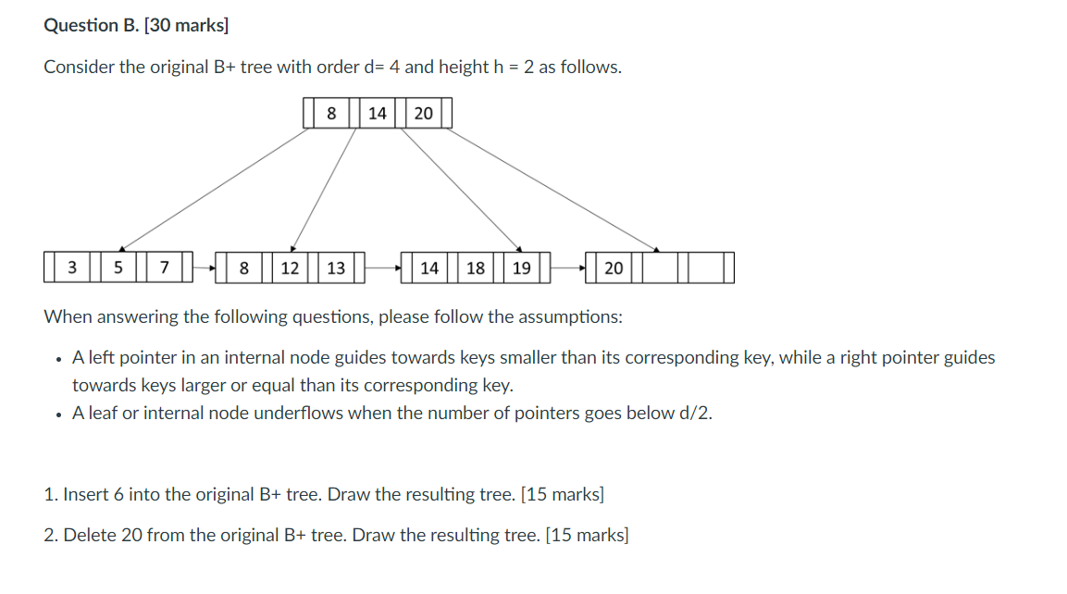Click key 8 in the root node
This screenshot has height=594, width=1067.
pyautogui.click(x=331, y=114)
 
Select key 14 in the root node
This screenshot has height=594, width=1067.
pyautogui.click(x=378, y=114)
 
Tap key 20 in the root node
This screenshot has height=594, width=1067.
pyautogui.click(x=423, y=114)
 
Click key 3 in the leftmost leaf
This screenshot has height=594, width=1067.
pyautogui.click(x=72, y=268)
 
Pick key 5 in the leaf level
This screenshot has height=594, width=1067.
pyautogui.click(x=118, y=268)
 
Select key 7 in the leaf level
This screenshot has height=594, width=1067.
pyautogui.click(x=164, y=268)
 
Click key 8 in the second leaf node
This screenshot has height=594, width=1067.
pyautogui.click(x=244, y=268)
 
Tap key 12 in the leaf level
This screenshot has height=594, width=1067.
pyautogui.click(x=290, y=268)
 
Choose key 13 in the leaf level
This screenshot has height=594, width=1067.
pyautogui.click(x=336, y=268)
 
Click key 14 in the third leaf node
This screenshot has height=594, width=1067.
pyautogui.click(x=429, y=268)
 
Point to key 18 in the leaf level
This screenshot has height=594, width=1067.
pyautogui.click(x=476, y=268)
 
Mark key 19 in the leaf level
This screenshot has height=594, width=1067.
pyautogui.click(x=521, y=268)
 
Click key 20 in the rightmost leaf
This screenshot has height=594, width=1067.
pyautogui.click(x=614, y=268)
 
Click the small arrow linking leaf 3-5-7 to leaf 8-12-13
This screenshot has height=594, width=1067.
pyautogui.click(x=205, y=268)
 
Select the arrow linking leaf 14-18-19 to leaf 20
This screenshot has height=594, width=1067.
pyautogui.click(x=569, y=268)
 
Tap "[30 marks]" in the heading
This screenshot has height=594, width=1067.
pyautogui.click(x=186, y=25)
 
